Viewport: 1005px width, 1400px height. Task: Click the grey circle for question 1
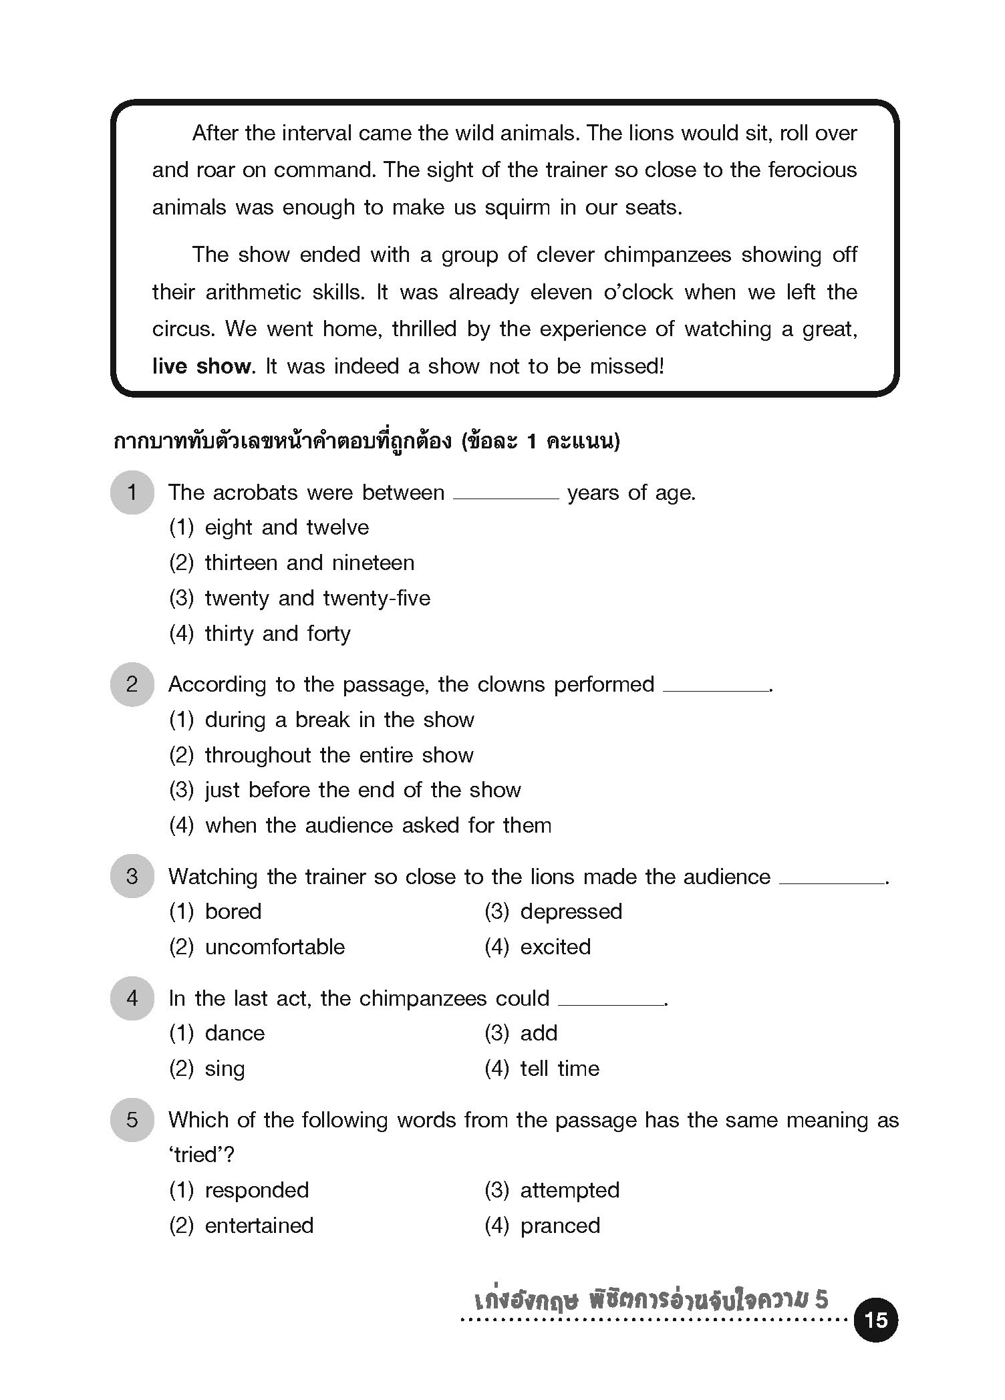click(132, 493)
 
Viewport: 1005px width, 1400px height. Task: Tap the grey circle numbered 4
click(132, 998)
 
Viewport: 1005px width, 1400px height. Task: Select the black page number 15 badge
click(875, 1320)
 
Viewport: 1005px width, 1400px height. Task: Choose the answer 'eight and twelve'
click(287, 528)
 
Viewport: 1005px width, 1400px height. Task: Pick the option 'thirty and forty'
click(277, 634)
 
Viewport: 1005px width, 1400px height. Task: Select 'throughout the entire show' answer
click(339, 755)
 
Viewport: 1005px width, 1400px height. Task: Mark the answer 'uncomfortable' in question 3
click(275, 947)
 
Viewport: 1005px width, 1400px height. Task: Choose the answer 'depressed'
click(571, 912)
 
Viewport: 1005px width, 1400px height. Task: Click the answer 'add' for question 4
click(539, 1033)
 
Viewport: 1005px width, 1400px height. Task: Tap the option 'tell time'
click(559, 1069)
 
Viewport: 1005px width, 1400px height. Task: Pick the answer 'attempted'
click(569, 1190)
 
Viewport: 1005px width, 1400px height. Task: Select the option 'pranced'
click(560, 1226)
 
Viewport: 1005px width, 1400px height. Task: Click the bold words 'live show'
click(201, 366)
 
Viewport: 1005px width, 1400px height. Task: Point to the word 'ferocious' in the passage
click(812, 170)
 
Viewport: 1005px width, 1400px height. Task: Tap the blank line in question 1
click(505, 497)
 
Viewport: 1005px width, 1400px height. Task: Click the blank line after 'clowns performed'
click(715, 689)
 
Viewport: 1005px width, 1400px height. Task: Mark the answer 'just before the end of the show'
click(362, 790)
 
